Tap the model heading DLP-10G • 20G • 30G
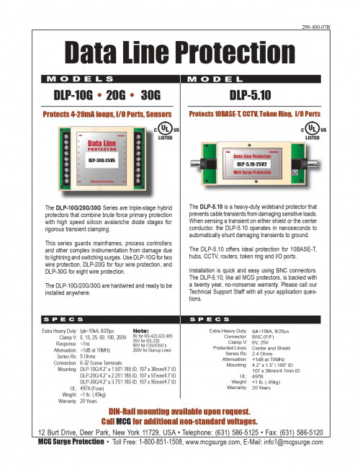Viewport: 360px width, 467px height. tap(106, 94)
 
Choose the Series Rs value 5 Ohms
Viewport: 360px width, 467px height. tap(91, 355)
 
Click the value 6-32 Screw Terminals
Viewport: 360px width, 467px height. tap(106, 362)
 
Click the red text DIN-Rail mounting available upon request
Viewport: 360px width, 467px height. tap(180, 411)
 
